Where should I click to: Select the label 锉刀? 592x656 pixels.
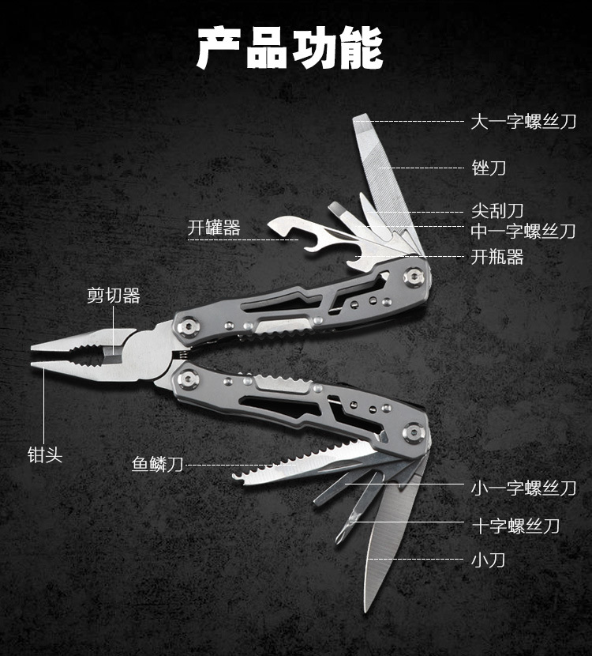pos(489,168)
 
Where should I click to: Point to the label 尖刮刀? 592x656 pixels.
pos(497,211)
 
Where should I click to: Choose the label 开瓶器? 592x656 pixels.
pos(497,257)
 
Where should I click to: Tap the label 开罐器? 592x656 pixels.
pos(214,228)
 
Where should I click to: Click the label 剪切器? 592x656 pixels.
pos(114,296)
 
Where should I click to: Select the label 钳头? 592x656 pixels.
pos(44,455)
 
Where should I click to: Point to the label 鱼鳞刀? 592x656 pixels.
pos(158,464)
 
